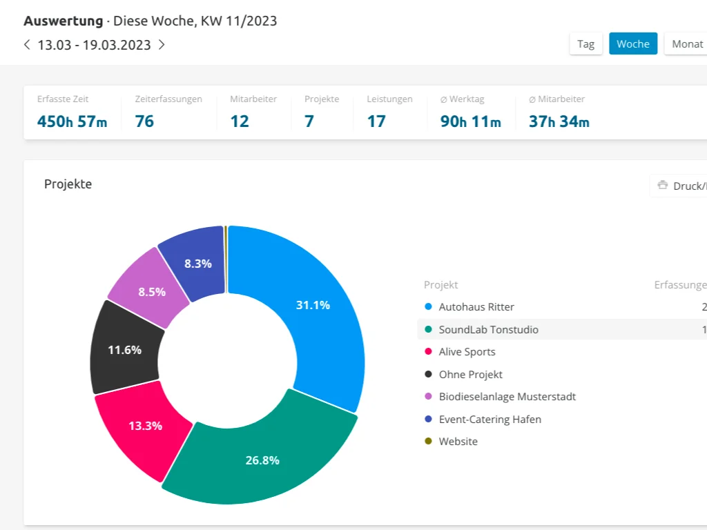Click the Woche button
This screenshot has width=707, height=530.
click(x=633, y=43)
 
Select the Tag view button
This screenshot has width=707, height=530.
click(x=585, y=43)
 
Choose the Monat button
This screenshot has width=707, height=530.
click(x=687, y=43)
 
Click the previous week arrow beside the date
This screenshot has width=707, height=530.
click(x=27, y=45)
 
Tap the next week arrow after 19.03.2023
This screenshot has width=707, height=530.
click(x=162, y=45)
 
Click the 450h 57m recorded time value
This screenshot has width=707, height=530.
click(x=72, y=121)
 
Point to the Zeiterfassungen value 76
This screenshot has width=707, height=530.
click(x=144, y=121)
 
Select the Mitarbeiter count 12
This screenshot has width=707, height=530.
click(x=240, y=121)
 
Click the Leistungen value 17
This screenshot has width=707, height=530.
click(x=376, y=121)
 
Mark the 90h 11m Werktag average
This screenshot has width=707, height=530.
click(x=471, y=121)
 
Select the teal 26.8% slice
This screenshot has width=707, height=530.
click(x=262, y=460)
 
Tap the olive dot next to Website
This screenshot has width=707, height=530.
click(x=428, y=441)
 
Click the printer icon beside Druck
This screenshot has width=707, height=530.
click(x=662, y=185)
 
